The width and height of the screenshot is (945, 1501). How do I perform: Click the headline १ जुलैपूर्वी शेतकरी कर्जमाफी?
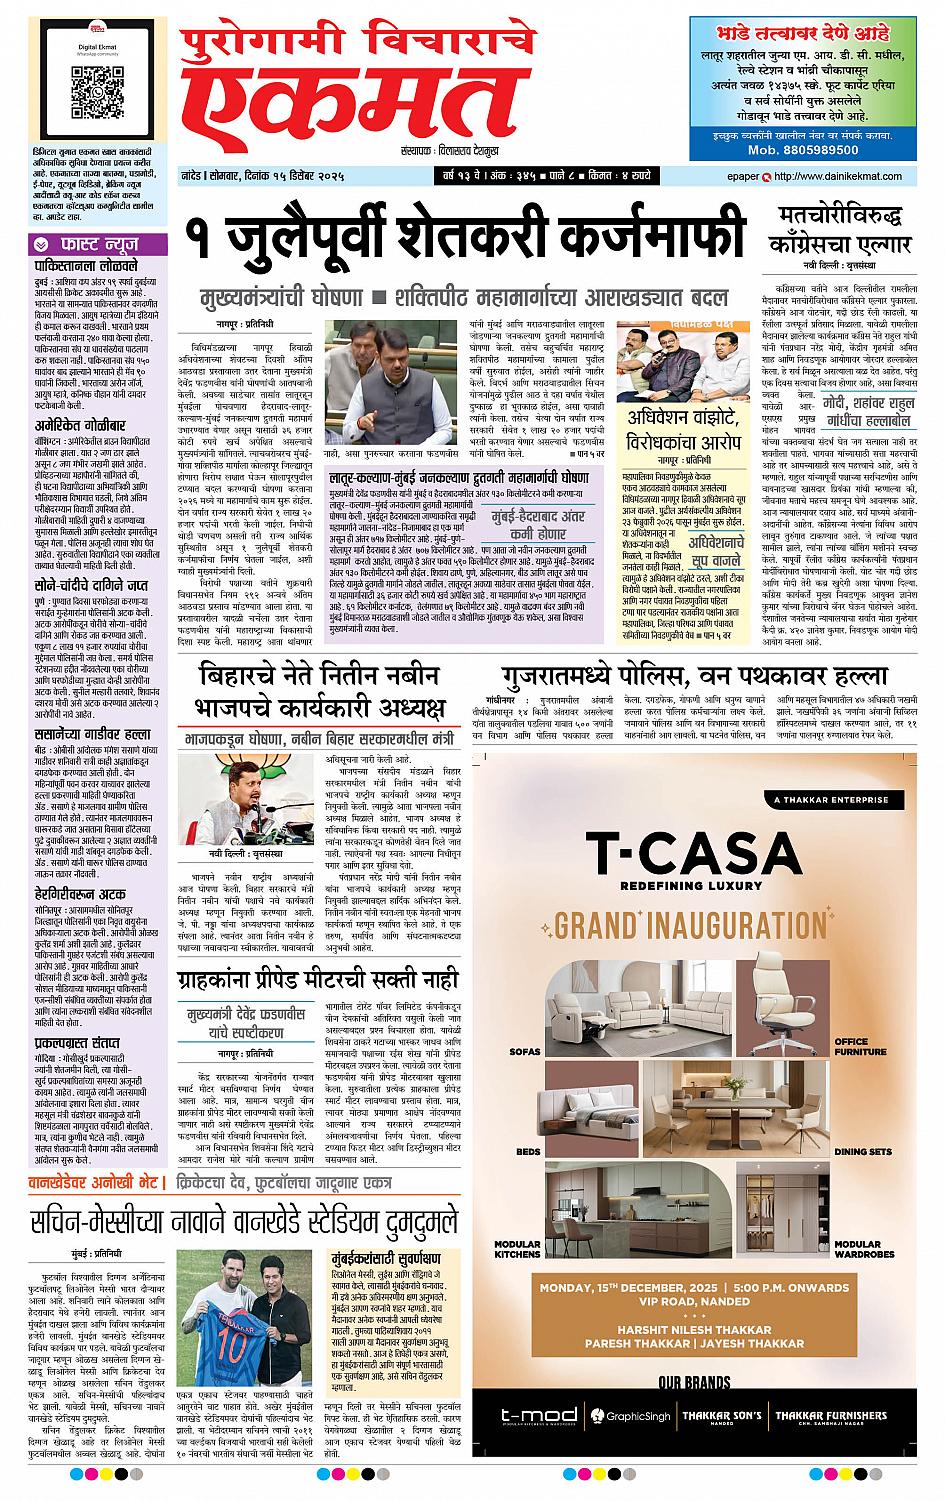(465, 241)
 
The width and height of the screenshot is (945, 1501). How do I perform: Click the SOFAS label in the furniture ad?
(524, 1052)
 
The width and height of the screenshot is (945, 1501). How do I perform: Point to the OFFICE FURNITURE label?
(860, 1047)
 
